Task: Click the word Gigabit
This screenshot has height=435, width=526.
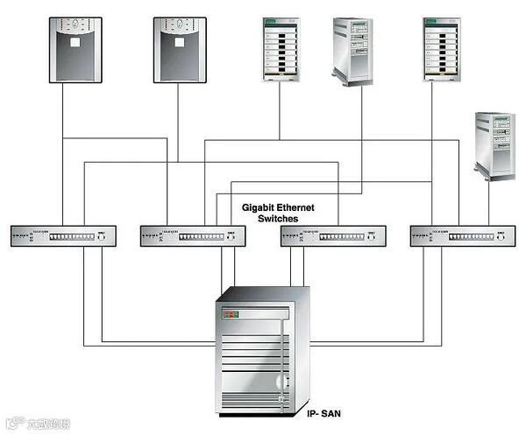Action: coord(259,208)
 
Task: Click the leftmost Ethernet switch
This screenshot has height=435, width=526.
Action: coord(63,236)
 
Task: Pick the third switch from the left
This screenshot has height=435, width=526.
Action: coord(332,236)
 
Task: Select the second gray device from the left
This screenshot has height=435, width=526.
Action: coord(180,49)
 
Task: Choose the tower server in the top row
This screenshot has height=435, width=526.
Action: coord(352,53)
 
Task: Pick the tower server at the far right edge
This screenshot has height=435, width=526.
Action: coord(495,145)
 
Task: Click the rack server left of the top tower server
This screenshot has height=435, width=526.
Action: coord(281,49)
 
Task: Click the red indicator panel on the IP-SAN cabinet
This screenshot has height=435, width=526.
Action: coord(230,312)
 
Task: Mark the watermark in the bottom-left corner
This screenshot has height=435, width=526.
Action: coord(39,424)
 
